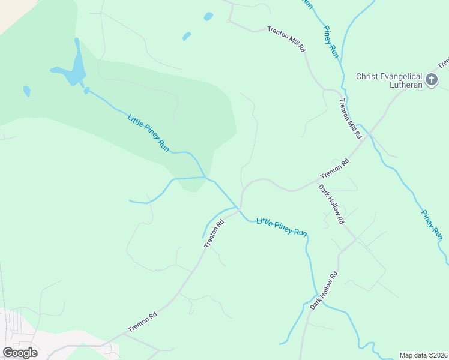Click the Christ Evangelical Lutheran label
389,80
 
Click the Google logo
20,353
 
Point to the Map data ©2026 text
424,355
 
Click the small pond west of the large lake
26,91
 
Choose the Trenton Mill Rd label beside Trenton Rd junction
352,119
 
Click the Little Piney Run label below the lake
148,132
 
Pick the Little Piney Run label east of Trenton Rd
282,226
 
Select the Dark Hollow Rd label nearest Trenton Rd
331,204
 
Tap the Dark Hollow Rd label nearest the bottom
324,290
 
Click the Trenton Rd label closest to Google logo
142,322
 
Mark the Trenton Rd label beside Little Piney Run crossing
214,234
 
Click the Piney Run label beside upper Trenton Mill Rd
331,41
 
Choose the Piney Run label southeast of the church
431,223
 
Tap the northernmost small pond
208,16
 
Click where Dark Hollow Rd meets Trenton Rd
318,179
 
